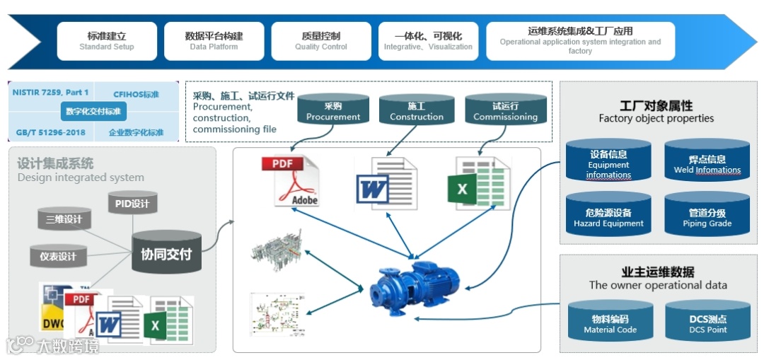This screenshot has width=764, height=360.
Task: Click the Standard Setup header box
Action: click(x=107, y=41)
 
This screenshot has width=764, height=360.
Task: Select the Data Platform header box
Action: click(x=214, y=41)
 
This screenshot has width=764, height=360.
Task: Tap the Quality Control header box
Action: click(x=320, y=41)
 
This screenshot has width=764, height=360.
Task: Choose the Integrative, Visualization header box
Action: click(x=428, y=41)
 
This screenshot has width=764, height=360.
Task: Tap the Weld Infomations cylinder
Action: click(x=707, y=164)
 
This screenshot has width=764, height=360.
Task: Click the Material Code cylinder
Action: click(x=610, y=324)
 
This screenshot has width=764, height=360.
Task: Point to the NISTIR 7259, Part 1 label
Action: click(x=50, y=93)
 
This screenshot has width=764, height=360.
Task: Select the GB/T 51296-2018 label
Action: click(x=50, y=132)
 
